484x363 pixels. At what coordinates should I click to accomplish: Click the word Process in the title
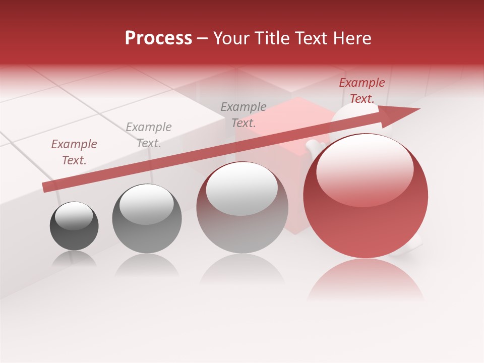(158, 38)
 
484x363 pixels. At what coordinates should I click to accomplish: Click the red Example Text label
(361, 91)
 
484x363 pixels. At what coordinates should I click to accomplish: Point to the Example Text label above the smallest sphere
(74, 152)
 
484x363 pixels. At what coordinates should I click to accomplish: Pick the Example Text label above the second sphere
(149, 135)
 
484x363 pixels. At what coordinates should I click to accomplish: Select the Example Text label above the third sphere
(244, 114)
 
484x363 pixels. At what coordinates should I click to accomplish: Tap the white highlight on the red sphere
(365, 171)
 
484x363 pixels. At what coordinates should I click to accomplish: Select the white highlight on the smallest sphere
(74, 216)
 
